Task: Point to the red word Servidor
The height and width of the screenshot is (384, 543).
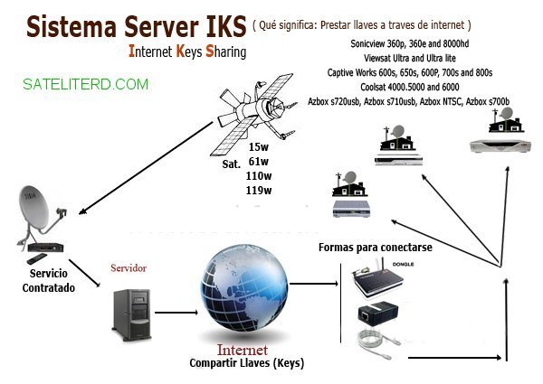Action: click(128, 268)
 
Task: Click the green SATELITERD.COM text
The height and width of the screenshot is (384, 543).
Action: click(87, 84)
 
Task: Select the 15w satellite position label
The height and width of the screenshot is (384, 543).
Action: click(259, 146)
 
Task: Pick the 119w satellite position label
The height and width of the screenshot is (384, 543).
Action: click(259, 191)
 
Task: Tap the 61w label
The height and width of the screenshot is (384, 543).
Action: click(259, 161)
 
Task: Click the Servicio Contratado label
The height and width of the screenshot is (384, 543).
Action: click(49, 280)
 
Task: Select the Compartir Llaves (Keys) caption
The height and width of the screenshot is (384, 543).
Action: click(246, 363)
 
